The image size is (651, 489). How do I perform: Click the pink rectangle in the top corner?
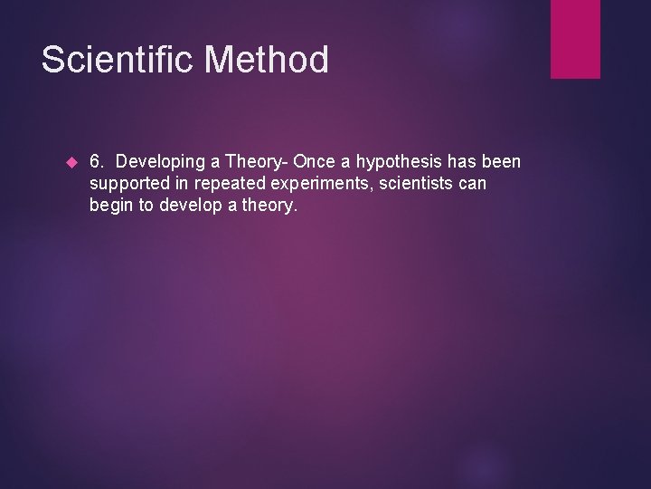tap(575, 39)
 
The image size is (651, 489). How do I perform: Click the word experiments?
tap(328, 185)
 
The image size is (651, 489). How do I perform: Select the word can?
tap(472, 185)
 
